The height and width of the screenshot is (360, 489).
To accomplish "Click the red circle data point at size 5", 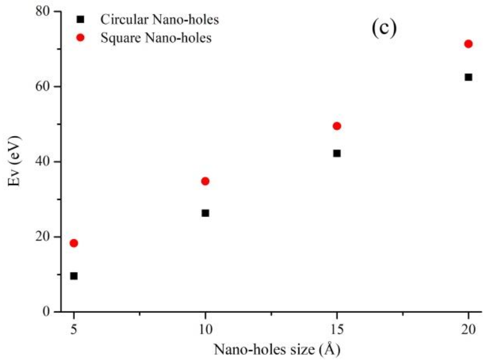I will [x=73, y=243].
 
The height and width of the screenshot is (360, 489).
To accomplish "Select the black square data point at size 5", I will [x=73, y=276].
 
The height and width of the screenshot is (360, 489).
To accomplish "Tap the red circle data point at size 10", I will [x=205, y=181].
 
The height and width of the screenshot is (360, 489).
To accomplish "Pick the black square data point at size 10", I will [x=205, y=213].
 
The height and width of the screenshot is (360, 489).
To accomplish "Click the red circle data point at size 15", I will [x=336, y=126].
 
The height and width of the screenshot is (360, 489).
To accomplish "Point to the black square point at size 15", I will [x=336, y=153].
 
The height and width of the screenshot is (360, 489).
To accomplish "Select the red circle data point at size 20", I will [x=468, y=44].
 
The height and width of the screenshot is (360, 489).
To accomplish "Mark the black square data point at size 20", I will [x=468, y=77].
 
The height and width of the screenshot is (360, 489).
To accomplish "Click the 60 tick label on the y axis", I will [x=43, y=87].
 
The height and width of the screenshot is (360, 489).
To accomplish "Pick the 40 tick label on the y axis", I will [x=43, y=162].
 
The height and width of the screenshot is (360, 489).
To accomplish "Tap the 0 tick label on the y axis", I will [x=47, y=312].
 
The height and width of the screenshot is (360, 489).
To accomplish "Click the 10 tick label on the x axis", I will [x=205, y=327].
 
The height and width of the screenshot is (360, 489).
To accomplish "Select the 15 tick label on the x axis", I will [x=336, y=327].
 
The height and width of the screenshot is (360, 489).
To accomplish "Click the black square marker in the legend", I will [x=80, y=20].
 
